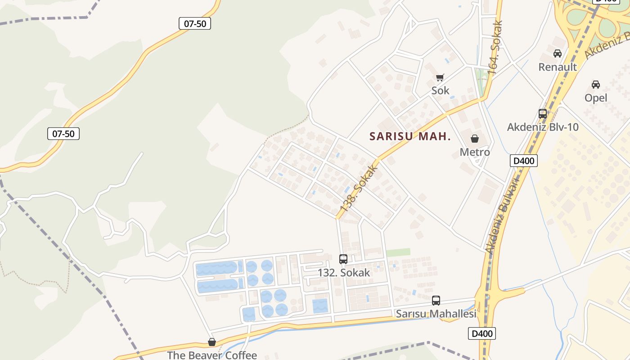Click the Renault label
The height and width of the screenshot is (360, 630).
(x=558, y=67)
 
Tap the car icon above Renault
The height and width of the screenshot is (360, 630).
(x=558, y=54)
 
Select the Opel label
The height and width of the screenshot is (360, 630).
(x=595, y=98)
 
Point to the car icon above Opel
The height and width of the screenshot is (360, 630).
(x=595, y=85)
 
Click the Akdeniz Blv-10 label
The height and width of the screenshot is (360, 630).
(x=543, y=127)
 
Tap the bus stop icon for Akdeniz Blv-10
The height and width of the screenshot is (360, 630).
(x=543, y=114)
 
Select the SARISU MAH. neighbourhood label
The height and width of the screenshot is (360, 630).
(x=410, y=136)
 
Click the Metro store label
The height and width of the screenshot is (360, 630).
(x=474, y=152)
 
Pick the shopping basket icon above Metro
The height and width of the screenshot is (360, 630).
(x=474, y=139)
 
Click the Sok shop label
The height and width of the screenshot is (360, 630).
(x=440, y=90)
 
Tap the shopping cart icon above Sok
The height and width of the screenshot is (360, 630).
(x=440, y=77)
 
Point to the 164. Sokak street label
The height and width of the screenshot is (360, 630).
(x=495, y=47)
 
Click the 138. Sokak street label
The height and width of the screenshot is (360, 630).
(x=358, y=189)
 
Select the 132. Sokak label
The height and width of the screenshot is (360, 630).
(x=343, y=272)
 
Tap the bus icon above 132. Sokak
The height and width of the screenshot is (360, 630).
(x=343, y=259)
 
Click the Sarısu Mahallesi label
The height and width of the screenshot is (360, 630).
(x=436, y=314)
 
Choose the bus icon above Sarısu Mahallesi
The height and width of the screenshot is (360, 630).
(x=436, y=301)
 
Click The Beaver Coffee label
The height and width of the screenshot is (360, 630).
(x=211, y=355)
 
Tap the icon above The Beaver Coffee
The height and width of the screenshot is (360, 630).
(x=211, y=342)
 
